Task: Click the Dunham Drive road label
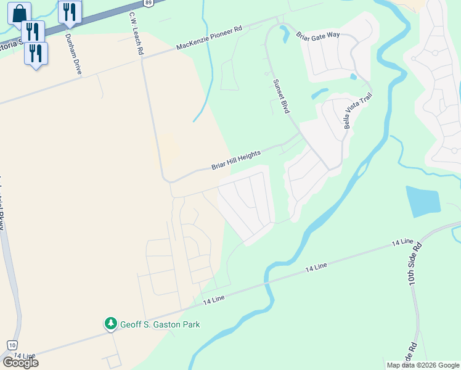coord(73,54)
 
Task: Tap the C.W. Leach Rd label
coord(136,34)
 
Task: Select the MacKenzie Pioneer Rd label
coord(210,38)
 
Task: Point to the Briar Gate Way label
coord(317,35)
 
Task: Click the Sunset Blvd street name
coord(281,96)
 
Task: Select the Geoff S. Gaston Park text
coord(160,324)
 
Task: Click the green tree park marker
coord(111,323)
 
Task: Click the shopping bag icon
coord(19,12)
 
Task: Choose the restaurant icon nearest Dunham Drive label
coord(70,11)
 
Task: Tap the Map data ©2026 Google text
coord(423,365)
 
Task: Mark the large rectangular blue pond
coord(423,202)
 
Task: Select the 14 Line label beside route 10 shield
coord(25,356)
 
